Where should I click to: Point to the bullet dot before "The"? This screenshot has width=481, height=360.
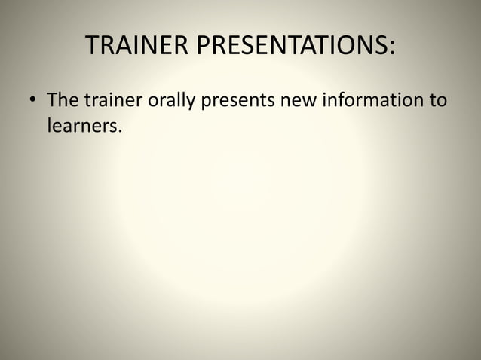pos(31,101)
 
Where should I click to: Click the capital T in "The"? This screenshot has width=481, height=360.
pos(52,99)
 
